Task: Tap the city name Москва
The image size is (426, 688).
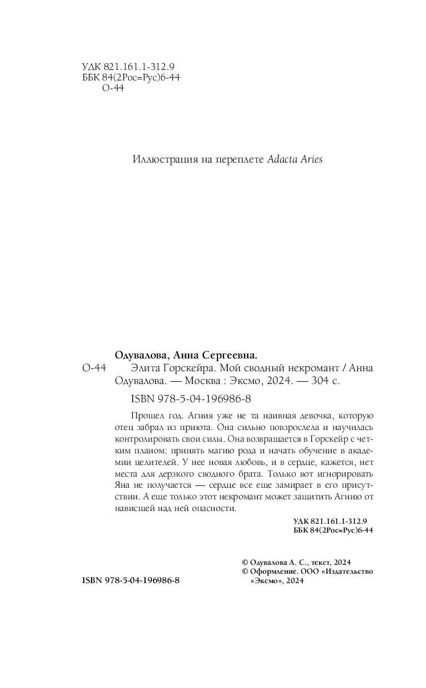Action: [202, 382]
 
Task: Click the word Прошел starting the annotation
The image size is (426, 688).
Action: [145, 416]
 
